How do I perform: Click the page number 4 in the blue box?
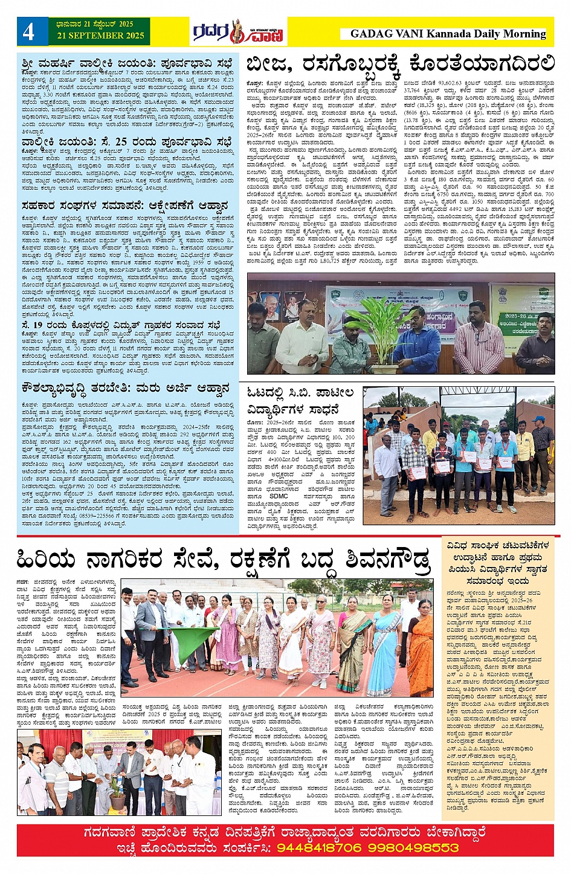pos(29,32)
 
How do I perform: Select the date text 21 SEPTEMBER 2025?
pos(101,36)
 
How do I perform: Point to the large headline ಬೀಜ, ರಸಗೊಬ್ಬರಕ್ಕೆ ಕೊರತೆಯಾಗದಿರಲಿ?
pos(400,64)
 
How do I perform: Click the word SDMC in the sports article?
pos(279,496)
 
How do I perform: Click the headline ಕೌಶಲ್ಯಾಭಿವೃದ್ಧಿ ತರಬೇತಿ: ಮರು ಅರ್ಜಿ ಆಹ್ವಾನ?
pos(126,388)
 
